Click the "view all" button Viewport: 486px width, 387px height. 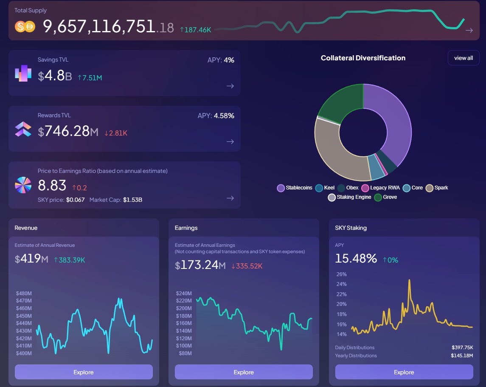click(464, 58)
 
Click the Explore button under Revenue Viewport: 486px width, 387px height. click(84, 372)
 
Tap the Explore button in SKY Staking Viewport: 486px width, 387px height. click(404, 372)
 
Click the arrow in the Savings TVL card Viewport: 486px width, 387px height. click(230, 86)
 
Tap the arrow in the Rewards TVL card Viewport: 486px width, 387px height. click(230, 141)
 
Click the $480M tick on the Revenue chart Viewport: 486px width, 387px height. click(24, 294)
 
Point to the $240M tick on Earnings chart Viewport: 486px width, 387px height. click(184, 294)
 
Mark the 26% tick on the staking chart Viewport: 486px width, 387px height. click(342, 274)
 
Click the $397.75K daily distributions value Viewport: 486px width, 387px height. click(462, 347)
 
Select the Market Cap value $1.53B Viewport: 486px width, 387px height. click(132, 199)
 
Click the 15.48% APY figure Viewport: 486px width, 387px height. click(356, 258)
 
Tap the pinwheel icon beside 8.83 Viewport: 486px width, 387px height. click(23, 185)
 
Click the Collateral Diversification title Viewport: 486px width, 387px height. click(363, 58)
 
